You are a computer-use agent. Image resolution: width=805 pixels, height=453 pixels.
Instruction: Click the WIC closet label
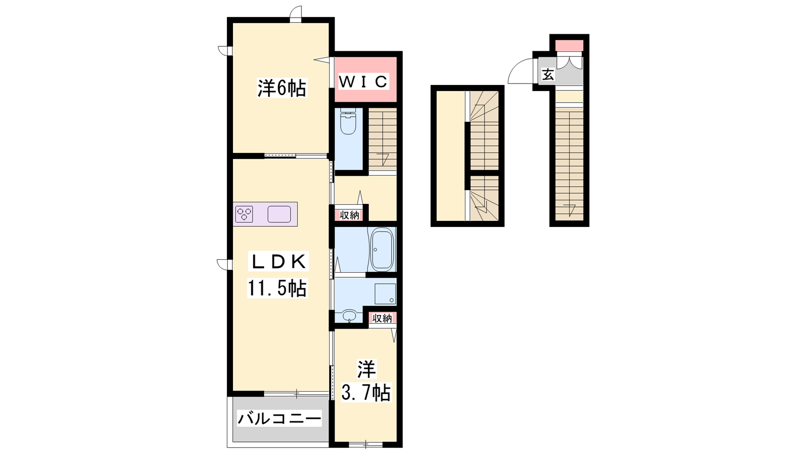point(363,82)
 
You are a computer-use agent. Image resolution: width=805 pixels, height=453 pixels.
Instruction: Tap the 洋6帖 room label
point(282,88)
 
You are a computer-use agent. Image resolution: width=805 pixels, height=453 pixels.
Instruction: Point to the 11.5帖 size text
point(277,288)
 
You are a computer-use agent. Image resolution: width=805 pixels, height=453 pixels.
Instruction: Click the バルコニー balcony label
point(279,418)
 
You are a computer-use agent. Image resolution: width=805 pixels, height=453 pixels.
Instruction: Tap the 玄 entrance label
point(548,75)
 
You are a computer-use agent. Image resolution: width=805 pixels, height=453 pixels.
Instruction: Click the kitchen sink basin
point(279,214)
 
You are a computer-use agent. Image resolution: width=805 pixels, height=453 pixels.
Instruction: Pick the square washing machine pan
point(385,294)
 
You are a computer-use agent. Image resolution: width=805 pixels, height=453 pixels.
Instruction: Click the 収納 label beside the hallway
point(349,215)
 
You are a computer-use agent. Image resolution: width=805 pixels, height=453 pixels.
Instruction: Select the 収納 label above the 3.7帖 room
point(382,318)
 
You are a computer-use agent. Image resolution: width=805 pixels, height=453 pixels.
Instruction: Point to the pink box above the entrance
point(569,46)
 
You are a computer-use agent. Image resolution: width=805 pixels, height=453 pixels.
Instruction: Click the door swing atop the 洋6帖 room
point(296,12)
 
